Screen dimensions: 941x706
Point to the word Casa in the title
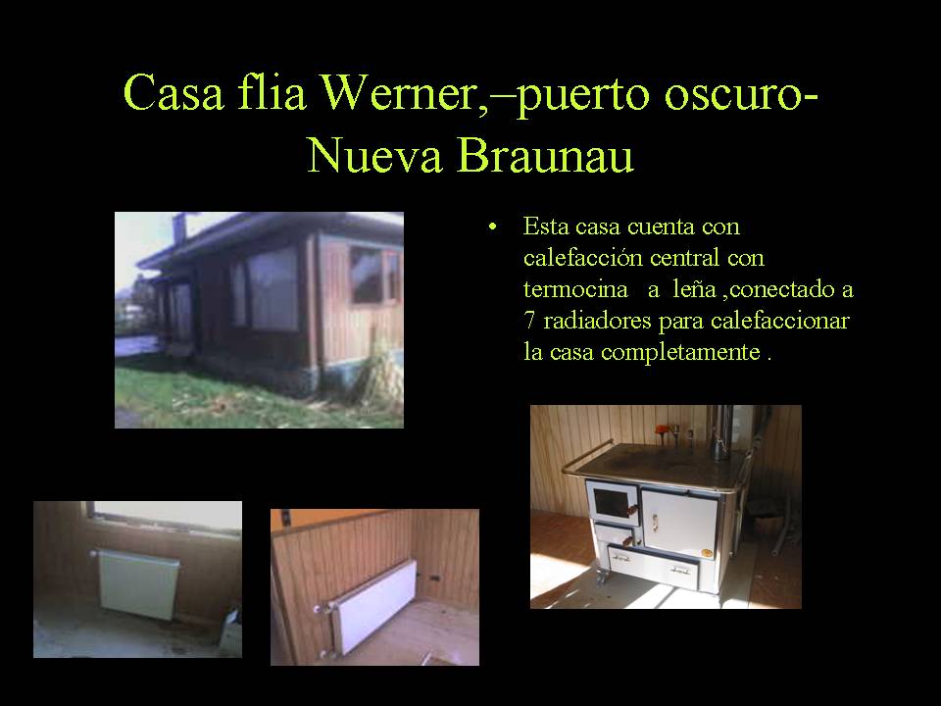coord(173,92)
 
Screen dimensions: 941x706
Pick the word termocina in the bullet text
coord(575,289)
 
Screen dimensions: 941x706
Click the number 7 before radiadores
coord(528,321)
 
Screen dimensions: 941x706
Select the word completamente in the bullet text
coord(680,352)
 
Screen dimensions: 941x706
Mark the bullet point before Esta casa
coord(493,227)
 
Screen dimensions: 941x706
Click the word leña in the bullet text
coord(694,289)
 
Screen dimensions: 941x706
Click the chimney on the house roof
coord(179,228)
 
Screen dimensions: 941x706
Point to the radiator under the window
coord(138,584)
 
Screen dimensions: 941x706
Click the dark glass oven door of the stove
coord(612,502)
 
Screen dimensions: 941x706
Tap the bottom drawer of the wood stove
coord(654,566)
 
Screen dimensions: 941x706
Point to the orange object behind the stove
coord(663,429)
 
